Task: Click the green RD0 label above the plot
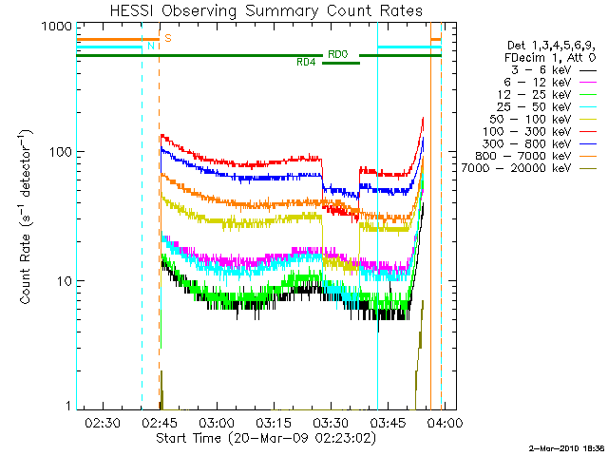pyautogui.click(x=337, y=54)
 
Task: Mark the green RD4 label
pyautogui.click(x=306, y=63)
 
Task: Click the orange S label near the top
pyautogui.click(x=168, y=38)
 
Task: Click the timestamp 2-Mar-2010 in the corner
pyautogui.click(x=556, y=446)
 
